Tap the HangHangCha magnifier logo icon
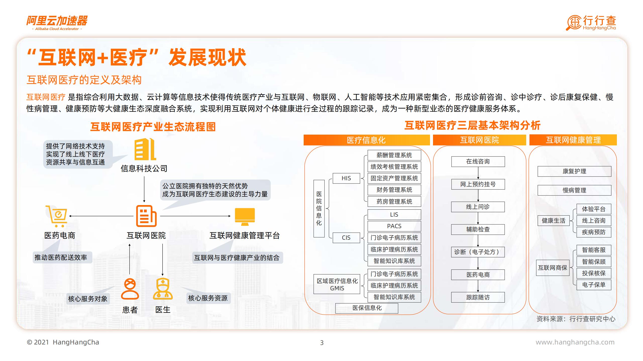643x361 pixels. (574, 23)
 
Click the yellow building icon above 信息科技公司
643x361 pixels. (145, 149)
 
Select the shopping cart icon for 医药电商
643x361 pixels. (57, 216)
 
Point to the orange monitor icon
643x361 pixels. (245, 216)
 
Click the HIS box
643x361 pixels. (346, 178)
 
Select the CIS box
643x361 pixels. (346, 238)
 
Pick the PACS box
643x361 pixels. (394, 226)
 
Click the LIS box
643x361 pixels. (394, 215)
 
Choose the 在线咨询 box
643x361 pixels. (478, 161)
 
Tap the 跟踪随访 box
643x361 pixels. (478, 297)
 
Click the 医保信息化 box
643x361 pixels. (367, 308)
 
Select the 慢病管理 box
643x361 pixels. (574, 190)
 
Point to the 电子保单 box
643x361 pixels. (594, 285)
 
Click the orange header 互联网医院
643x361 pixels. (479, 140)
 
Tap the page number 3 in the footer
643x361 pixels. (322, 342)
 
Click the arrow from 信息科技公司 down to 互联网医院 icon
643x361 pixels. (144, 189)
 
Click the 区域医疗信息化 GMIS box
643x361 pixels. (337, 284)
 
